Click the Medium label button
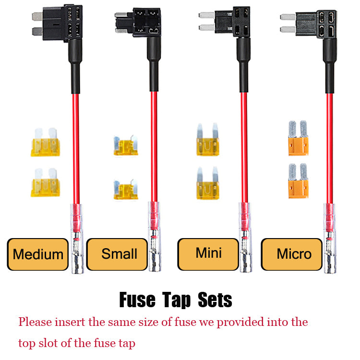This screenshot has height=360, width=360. tap(37, 254)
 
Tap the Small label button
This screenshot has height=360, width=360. tap(117, 254)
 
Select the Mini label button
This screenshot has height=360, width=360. tap(208, 254)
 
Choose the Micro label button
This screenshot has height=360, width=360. tap(291, 254)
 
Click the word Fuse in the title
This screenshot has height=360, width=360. tap(137, 300)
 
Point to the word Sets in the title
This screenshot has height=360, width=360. tap(215, 300)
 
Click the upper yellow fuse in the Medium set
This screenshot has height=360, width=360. tap(46, 142)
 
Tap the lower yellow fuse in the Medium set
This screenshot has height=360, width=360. tap(46, 182)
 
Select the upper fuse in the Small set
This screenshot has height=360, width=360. tap(126, 145)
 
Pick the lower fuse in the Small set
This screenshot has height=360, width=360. tap(126, 190)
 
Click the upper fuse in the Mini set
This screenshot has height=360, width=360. tap(208, 140)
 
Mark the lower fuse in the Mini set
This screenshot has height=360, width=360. tap(208, 183)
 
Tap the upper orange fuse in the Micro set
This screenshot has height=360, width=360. tap(298, 138)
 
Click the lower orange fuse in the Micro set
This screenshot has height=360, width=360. tap(298, 181)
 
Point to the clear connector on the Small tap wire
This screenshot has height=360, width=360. tap(154, 237)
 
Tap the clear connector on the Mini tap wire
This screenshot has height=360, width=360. tap(245, 238)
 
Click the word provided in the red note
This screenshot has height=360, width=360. tap(240, 323)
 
